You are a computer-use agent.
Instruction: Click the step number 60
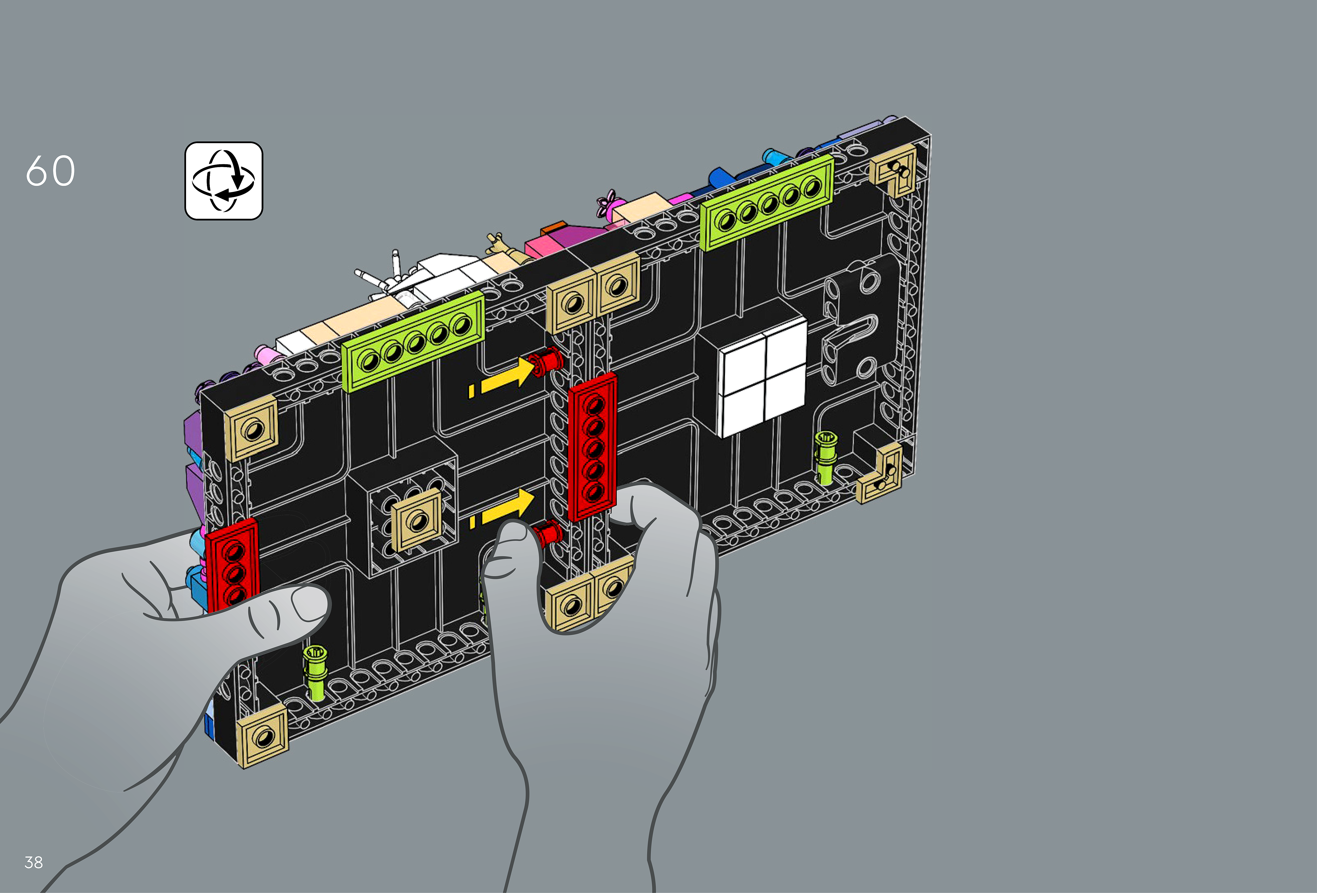50,171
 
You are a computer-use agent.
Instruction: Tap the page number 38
33,862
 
